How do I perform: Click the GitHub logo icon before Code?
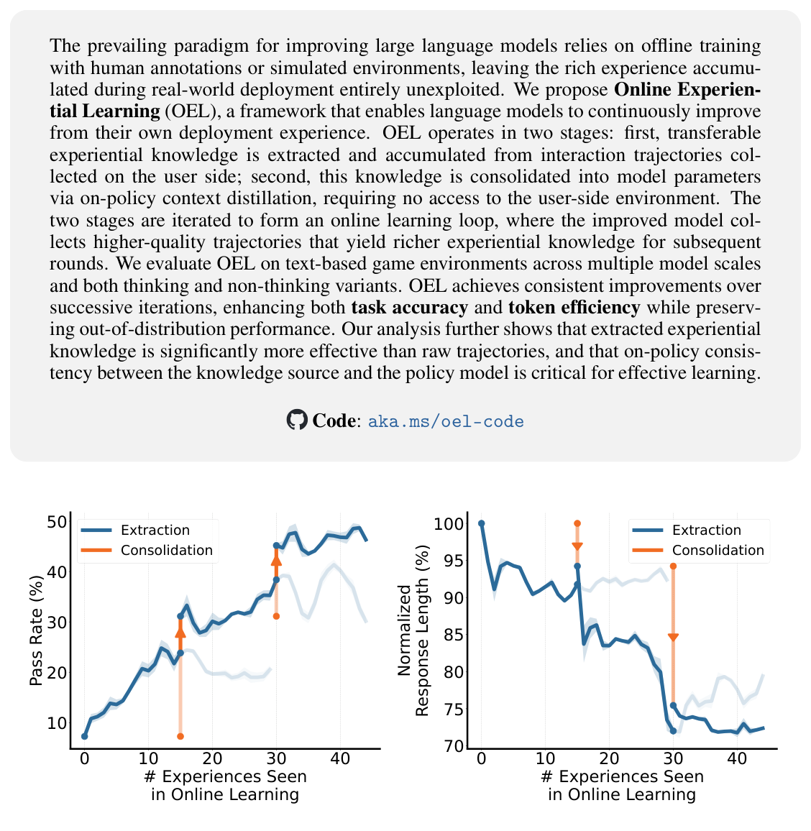[296, 420]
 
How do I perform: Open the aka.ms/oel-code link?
[446, 421]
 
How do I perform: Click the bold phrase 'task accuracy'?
[410, 308]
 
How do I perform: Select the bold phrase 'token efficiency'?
[574, 308]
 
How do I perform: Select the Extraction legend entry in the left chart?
[155, 531]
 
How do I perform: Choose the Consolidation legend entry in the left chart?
[167, 551]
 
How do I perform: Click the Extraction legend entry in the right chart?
[706, 531]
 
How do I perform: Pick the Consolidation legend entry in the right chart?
[718, 551]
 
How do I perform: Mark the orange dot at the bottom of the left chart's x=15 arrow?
[180, 736]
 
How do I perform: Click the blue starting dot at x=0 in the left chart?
[84, 736]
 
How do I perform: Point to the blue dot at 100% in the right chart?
[481, 523]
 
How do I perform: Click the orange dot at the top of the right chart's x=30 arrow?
[673, 566]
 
